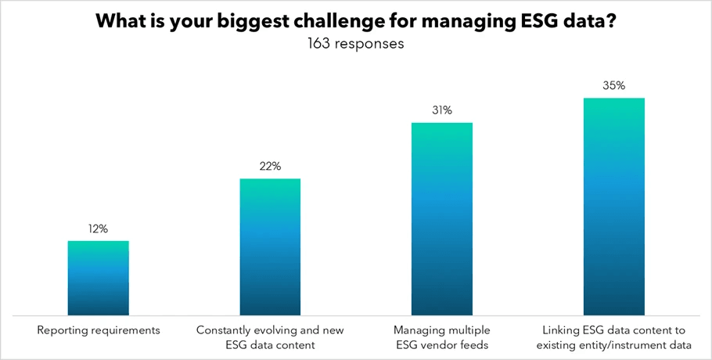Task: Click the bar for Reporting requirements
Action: pyautogui.click(x=99, y=278)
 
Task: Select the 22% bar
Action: pyautogui.click(x=270, y=247)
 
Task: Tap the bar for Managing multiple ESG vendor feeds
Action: pyautogui.click(x=442, y=219)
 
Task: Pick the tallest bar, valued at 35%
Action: pyautogui.click(x=613, y=207)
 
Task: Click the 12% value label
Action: pyautogui.click(x=99, y=229)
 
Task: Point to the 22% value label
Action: pyautogui.click(x=270, y=167)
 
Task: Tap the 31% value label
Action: pyautogui.click(x=442, y=110)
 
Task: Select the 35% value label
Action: pyautogui.click(x=613, y=85)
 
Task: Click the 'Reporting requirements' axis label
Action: pyautogui.click(x=99, y=330)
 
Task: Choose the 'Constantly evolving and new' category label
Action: pyautogui.click(x=270, y=330)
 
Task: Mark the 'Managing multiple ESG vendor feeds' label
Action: pyautogui.click(x=442, y=337)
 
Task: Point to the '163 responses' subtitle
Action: pyautogui.click(x=356, y=44)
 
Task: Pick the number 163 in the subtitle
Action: pyautogui.click(x=319, y=44)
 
